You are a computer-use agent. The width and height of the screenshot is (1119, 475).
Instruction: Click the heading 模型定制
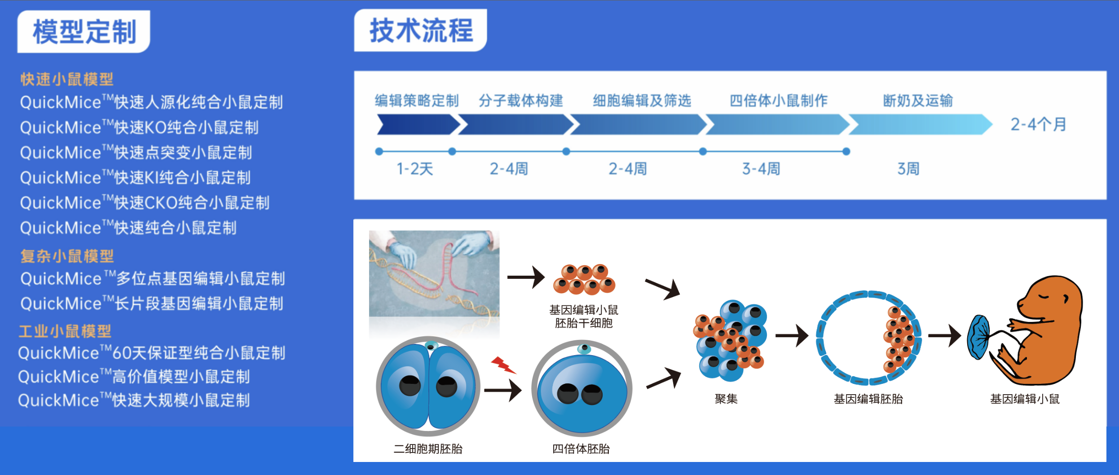pyautogui.click(x=84, y=32)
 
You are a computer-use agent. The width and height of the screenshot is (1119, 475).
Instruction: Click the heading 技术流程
pyautogui.click(x=421, y=31)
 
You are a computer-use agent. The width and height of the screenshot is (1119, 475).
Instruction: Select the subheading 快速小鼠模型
pyautogui.click(x=67, y=79)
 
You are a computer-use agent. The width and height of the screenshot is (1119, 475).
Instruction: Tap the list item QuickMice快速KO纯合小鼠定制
pyautogui.click(x=139, y=128)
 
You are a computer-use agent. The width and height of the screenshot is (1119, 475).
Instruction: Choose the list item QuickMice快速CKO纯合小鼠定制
pyautogui.click(x=145, y=203)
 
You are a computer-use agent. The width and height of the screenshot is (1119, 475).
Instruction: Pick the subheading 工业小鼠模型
pyautogui.click(x=65, y=331)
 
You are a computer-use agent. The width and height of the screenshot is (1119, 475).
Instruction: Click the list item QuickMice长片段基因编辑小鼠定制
pyautogui.click(x=152, y=303)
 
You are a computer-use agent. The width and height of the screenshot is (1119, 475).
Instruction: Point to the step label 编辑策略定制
pyautogui.click(x=417, y=101)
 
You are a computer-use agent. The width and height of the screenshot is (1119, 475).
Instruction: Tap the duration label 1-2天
pyautogui.click(x=414, y=169)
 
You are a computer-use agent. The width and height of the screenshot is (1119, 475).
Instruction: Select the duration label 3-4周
pyautogui.click(x=761, y=169)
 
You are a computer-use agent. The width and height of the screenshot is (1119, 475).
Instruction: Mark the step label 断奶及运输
pyautogui.click(x=918, y=101)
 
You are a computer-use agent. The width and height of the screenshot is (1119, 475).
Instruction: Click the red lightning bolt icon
pyautogui.click(x=503, y=365)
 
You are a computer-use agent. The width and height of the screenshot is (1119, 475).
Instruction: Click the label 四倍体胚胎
pyautogui.click(x=581, y=449)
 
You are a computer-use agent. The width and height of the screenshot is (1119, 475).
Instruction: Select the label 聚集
pyautogui.click(x=726, y=399)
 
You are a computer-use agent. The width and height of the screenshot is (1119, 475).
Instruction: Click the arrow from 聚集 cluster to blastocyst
pyautogui.click(x=792, y=335)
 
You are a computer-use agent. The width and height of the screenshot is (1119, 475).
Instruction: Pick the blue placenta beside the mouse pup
pyautogui.click(x=979, y=337)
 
